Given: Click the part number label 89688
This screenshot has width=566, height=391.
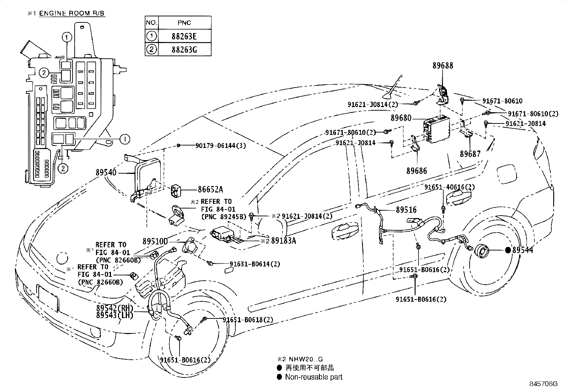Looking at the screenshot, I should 443,66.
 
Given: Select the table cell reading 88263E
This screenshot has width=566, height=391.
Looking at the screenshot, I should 184,36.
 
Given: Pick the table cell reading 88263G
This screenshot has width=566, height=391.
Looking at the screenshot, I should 184,49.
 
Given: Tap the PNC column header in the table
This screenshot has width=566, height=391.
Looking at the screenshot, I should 184,23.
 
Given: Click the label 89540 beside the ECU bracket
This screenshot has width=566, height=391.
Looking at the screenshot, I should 106,173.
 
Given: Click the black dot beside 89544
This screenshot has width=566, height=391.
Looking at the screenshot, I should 508,250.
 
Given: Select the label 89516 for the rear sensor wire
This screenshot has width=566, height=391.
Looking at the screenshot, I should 406,210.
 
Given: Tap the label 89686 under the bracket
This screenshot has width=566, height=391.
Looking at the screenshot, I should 417,171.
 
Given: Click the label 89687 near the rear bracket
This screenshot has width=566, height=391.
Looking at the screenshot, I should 470,154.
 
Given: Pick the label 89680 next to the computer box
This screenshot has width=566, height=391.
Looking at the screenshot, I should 401,118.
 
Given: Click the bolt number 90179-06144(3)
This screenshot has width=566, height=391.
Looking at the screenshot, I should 220,146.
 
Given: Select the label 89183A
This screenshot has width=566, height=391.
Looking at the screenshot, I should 283,241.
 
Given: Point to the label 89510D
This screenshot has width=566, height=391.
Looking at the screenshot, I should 155,241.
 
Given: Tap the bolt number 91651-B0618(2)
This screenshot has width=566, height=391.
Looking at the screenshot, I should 248,320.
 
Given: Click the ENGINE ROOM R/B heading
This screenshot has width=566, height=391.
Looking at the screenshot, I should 72,14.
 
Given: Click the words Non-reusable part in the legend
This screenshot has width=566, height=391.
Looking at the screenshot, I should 314,377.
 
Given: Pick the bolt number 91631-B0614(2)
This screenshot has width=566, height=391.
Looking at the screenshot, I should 255,264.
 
